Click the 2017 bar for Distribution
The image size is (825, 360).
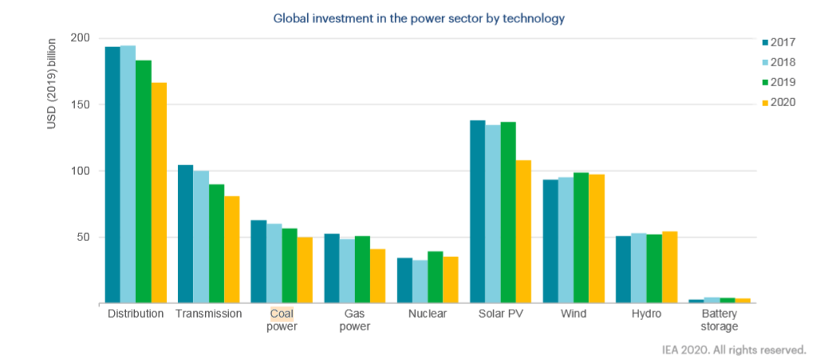pos(112,175)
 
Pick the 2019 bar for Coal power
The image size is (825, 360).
pos(289,266)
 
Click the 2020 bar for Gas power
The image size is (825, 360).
pos(377,276)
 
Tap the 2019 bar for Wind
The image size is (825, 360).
pos(582,238)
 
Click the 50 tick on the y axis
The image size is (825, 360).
pos(84,237)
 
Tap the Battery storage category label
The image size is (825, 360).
pos(714,319)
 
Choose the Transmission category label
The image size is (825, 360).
pos(208,314)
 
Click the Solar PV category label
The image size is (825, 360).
pos(500,314)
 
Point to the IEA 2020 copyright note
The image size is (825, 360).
pos(733,349)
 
